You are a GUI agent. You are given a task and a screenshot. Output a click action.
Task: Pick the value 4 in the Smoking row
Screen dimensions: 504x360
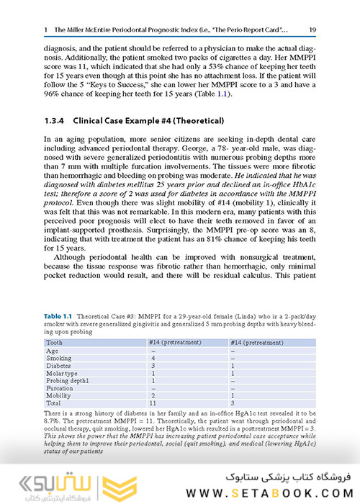pyautogui.click(x=153, y=357)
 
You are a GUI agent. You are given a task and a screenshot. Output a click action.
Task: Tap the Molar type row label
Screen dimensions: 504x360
pyautogui.click(x=63, y=372)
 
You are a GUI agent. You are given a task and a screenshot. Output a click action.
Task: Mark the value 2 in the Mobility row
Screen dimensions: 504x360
pyautogui.click(x=153, y=395)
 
